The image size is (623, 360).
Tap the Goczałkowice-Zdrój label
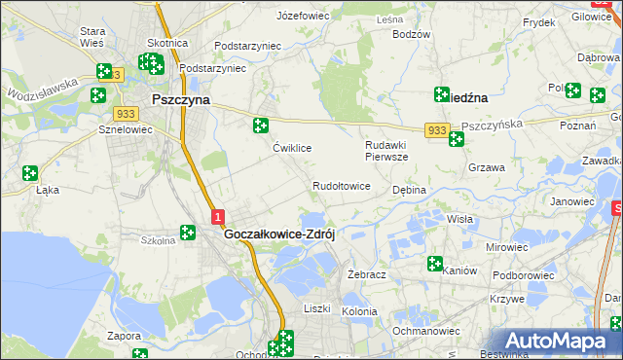point(279,234)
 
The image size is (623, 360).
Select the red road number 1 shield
point(218,217)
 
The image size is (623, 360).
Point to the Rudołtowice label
point(341,186)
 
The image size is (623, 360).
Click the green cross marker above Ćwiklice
point(260,125)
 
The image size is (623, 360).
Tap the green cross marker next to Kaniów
point(434,263)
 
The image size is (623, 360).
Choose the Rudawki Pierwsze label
point(385,151)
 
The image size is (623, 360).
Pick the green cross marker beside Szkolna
point(187,233)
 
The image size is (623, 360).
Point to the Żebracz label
point(367,274)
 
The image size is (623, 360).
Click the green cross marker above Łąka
point(29,173)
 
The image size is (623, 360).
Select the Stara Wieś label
point(92,38)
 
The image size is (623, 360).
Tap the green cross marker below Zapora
point(138,354)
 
